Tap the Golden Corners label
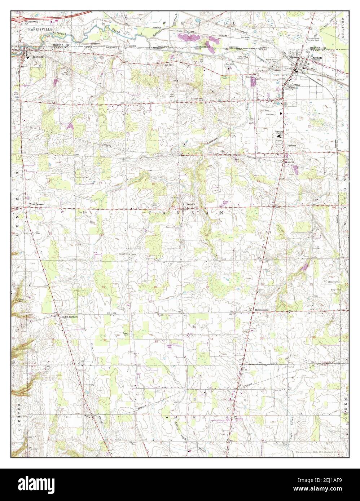[70, 317]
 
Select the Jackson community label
[291, 145]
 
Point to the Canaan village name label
[190, 204]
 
